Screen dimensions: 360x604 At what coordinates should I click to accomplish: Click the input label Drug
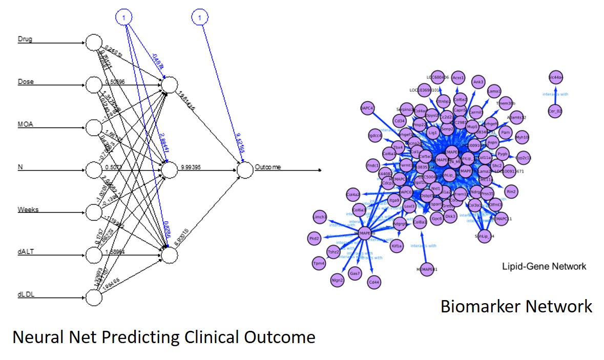(25, 39)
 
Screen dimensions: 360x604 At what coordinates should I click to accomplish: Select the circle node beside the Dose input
(94, 85)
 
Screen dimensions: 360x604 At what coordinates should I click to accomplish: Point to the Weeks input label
(28, 209)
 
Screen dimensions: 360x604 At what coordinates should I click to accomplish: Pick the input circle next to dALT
(94, 255)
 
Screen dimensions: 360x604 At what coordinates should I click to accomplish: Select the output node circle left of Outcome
(245, 170)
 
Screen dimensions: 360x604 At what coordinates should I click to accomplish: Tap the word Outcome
(268, 167)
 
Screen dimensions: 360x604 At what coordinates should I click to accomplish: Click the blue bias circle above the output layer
(200, 17)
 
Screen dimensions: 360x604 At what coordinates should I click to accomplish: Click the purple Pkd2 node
(314, 238)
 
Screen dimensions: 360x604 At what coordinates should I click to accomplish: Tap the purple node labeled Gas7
(355, 274)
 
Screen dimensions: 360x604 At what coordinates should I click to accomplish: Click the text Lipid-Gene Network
(544, 266)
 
